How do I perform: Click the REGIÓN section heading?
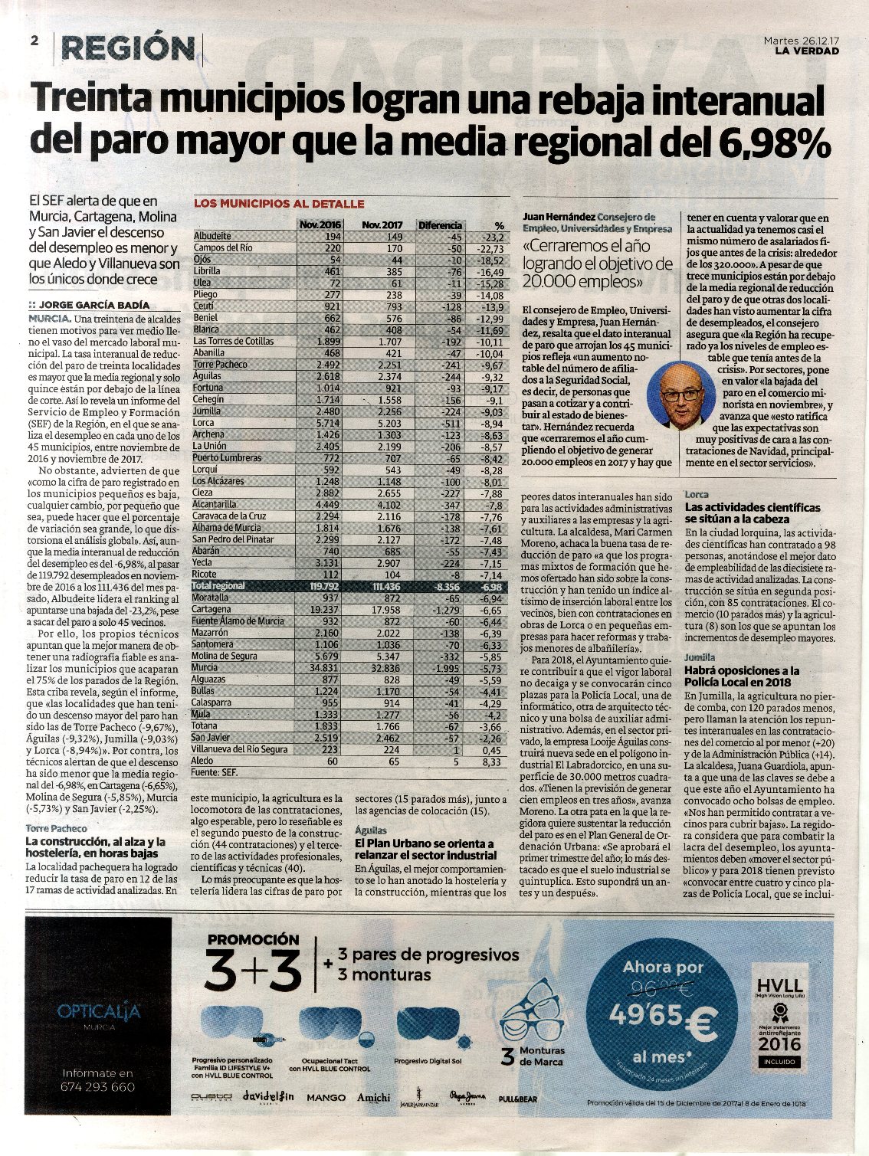[128, 48]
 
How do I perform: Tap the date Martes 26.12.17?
[801, 40]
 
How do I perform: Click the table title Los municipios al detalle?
[278, 204]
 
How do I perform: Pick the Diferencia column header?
[440, 225]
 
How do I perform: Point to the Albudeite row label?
[212, 237]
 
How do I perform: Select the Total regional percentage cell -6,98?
[490, 586]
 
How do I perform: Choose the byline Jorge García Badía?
[93, 304]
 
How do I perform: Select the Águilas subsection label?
[371, 830]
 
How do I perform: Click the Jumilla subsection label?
[700, 657]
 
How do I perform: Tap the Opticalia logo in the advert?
[99, 1012]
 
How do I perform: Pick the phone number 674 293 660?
[98, 1087]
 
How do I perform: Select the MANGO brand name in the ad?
[326, 1098]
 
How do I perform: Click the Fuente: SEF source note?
[216, 774]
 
